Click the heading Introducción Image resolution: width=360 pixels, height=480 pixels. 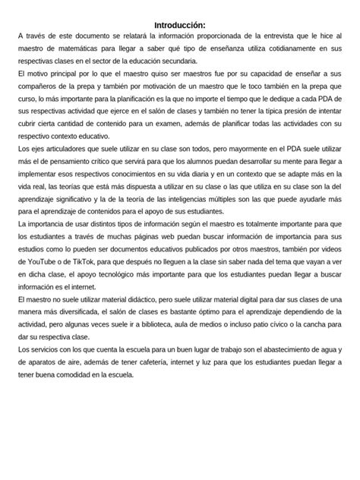tap(179, 24)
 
